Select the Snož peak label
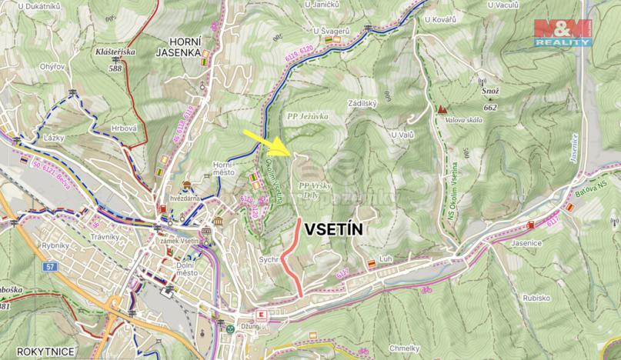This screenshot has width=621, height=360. coord(491,90)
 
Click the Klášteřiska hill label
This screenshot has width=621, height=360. coord(115,52)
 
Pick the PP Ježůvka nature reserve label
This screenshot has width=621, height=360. coord(308,115)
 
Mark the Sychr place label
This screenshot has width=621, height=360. coord(269,261)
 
